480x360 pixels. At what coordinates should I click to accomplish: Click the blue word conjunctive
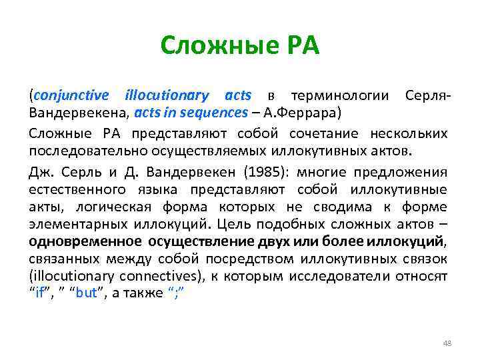[74, 96]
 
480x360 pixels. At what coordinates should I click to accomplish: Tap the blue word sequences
[212, 111]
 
